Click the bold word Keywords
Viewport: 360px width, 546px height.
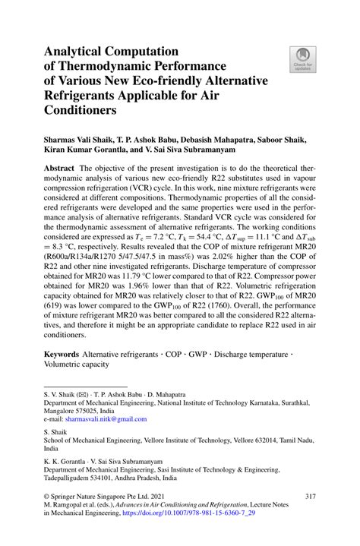[62, 354]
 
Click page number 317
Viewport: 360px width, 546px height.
[309, 497]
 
